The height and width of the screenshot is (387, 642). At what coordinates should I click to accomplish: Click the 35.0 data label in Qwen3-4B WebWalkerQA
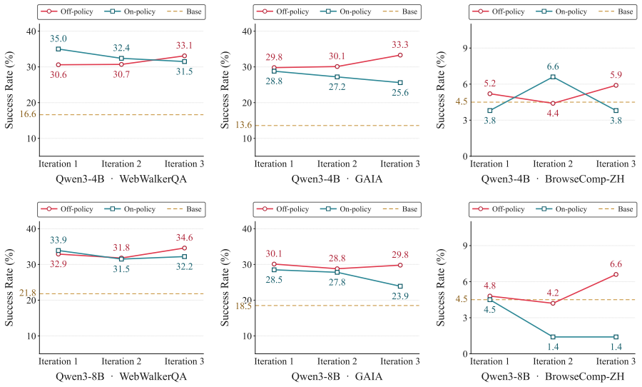coord(58,39)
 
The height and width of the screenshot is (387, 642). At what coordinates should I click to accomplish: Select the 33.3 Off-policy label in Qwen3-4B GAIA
coord(400,45)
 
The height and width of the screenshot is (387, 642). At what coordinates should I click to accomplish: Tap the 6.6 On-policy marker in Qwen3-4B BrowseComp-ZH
coord(553,76)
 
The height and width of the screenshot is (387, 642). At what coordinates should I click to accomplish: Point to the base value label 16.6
coord(28,114)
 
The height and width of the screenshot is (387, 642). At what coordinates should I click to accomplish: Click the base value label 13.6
coord(244,125)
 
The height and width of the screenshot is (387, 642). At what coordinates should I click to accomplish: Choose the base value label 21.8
coord(28,293)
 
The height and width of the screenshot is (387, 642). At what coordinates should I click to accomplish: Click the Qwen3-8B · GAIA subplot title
coord(337,376)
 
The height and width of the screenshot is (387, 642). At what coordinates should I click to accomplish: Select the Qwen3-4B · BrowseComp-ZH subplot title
coord(553,179)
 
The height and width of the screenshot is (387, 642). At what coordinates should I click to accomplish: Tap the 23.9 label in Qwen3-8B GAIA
coord(400,296)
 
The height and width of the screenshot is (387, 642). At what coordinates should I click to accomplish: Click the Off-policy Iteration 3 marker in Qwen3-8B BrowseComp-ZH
coord(616,274)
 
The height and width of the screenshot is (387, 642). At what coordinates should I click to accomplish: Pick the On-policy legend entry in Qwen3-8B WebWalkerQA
coord(131,209)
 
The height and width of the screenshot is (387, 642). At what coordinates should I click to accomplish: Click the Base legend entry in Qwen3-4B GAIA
coord(400,11)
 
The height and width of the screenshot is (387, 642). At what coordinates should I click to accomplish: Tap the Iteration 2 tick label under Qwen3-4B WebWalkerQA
coord(121,164)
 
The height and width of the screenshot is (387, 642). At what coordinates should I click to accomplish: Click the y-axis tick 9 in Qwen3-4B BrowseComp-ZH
coord(464,48)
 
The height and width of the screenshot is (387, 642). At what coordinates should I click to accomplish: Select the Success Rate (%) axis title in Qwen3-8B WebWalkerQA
coord(9,287)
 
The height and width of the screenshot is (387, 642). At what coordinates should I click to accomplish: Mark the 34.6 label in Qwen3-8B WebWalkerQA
coord(184,238)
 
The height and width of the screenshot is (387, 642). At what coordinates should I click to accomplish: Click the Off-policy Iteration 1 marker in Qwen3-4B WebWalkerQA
coord(58,65)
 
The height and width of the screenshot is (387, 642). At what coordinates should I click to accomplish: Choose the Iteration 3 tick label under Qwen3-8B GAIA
coord(400,361)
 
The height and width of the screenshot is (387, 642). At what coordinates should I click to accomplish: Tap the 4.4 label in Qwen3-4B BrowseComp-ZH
coord(553,113)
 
